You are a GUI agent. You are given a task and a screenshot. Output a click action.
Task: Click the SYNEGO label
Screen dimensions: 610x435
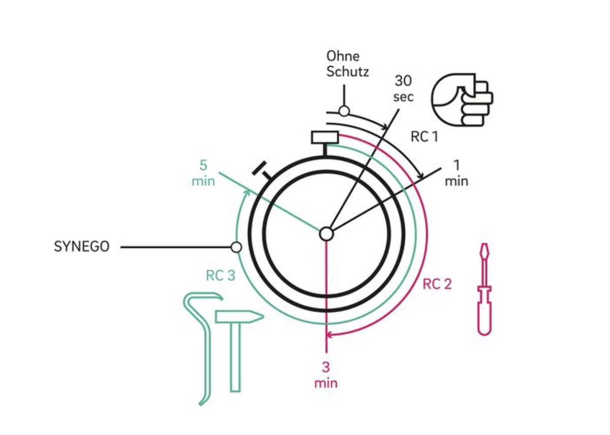[82, 247]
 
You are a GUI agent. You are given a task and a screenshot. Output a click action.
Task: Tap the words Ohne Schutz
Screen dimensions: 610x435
[348, 64]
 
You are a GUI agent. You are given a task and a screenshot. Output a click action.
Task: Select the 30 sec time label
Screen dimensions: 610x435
[403, 89]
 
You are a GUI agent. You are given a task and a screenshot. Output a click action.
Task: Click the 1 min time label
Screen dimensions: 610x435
[456, 173]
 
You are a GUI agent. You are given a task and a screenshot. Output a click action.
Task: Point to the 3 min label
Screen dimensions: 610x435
[326, 375]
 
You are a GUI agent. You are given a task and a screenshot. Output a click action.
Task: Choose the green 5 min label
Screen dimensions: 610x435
[203, 173]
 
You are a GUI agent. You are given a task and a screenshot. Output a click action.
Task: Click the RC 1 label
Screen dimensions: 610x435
[424, 137]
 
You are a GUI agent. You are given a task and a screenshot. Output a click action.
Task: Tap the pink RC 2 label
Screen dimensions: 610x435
[437, 284]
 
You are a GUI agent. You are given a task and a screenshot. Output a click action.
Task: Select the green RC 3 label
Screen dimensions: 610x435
[221, 276]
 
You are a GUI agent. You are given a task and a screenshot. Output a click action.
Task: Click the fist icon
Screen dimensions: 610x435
[462, 100]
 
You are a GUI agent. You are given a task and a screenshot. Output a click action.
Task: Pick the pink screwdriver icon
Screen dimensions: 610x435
[484, 289]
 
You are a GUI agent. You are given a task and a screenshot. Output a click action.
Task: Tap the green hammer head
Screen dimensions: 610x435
[239, 317]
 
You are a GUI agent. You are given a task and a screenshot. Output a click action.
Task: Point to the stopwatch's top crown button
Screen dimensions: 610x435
[325, 137]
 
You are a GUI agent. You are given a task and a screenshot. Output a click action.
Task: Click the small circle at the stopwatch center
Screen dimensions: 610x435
[326, 234]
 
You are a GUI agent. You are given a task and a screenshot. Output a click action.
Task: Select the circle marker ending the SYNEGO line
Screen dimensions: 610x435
[236, 247]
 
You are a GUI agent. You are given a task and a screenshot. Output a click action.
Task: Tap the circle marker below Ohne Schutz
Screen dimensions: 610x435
[344, 111]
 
